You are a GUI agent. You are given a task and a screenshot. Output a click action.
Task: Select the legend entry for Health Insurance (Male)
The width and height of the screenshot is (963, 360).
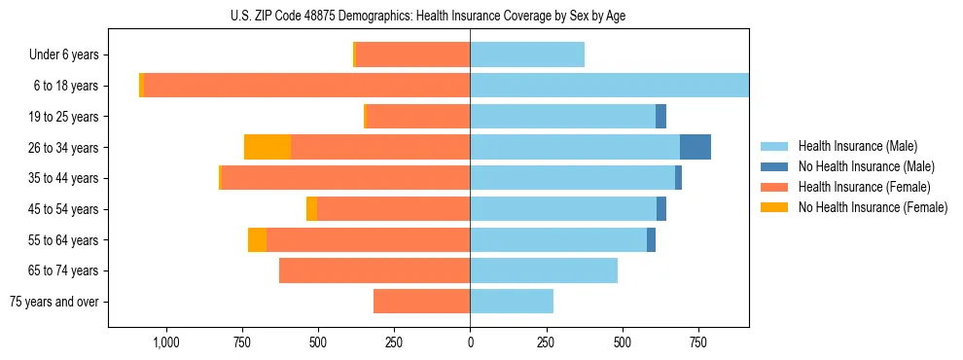[x=857, y=146]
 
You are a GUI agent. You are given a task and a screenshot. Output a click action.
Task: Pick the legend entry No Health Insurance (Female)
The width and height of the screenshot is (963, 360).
[x=872, y=207]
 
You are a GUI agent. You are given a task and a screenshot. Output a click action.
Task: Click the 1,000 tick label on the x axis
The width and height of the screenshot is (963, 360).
[x=165, y=342]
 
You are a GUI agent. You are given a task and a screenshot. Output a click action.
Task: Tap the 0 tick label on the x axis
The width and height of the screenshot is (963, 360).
[x=470, y=342]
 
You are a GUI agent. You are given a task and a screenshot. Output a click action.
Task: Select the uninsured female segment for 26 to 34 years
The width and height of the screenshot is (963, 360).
[x=267, y=147]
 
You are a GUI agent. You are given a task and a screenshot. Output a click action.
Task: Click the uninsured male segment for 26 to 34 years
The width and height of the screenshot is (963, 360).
[x=695, y=147]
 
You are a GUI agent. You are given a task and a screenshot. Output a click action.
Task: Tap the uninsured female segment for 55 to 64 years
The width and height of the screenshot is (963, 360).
[x=257, y=239]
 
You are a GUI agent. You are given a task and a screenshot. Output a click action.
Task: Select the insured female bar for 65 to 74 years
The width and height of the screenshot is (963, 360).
[x=374, y=270]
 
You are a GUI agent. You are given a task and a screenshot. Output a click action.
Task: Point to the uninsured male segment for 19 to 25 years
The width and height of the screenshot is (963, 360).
[x=660, y=117]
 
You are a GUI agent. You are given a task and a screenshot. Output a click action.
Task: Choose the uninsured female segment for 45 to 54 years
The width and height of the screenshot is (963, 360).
[x=311, y=209]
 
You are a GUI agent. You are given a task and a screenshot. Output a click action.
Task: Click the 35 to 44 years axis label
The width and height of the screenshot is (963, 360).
[x=64, y=178]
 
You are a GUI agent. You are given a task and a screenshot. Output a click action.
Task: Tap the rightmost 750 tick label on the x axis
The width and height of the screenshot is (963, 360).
[x=697, y=342]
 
